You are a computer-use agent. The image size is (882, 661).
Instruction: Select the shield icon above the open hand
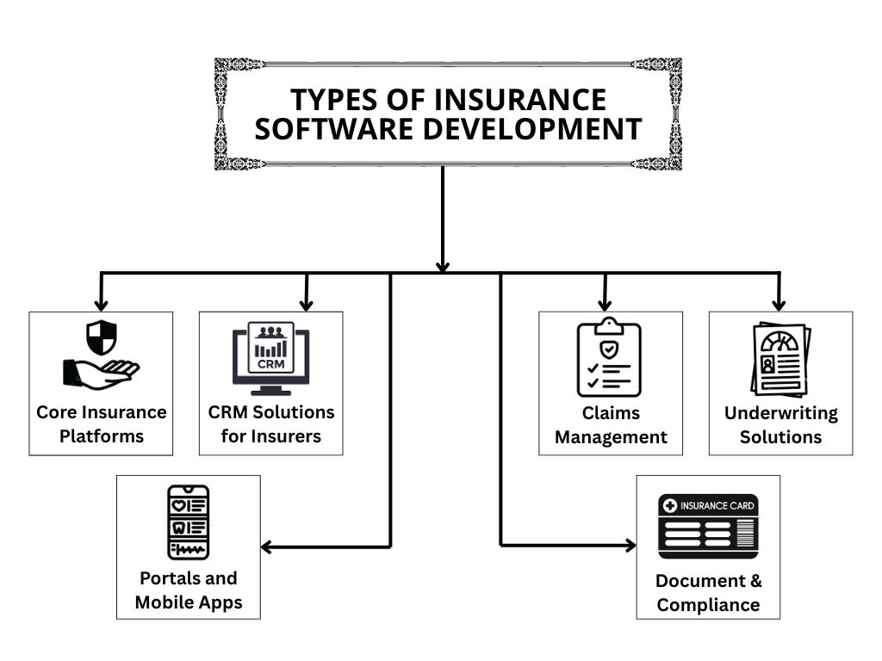(x=101, y=337)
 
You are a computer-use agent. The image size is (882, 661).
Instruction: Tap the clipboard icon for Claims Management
(x=610, y=359)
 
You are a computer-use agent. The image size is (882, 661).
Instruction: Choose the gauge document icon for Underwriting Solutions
(x=780, y=361)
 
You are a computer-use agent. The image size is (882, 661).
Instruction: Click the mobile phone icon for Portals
(x=188, y=522)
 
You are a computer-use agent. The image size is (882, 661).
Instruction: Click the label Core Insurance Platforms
(x=101, y=423)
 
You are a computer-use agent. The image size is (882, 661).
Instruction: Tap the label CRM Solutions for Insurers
(x=270, y=423)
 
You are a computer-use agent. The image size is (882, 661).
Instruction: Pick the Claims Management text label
(x=611, y=425)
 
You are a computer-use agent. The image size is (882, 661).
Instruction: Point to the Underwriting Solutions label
(x=780, y=425)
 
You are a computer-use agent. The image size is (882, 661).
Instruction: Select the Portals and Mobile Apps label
(x=188, y=590)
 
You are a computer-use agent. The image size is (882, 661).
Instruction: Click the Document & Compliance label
(x=708, y=592)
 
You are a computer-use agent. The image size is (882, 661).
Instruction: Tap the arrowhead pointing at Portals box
(x=267, y=546)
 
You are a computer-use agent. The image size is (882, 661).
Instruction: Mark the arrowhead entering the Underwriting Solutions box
(x=779, y=305)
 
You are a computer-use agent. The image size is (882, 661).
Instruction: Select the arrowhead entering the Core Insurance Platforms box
(x=102, y=305)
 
